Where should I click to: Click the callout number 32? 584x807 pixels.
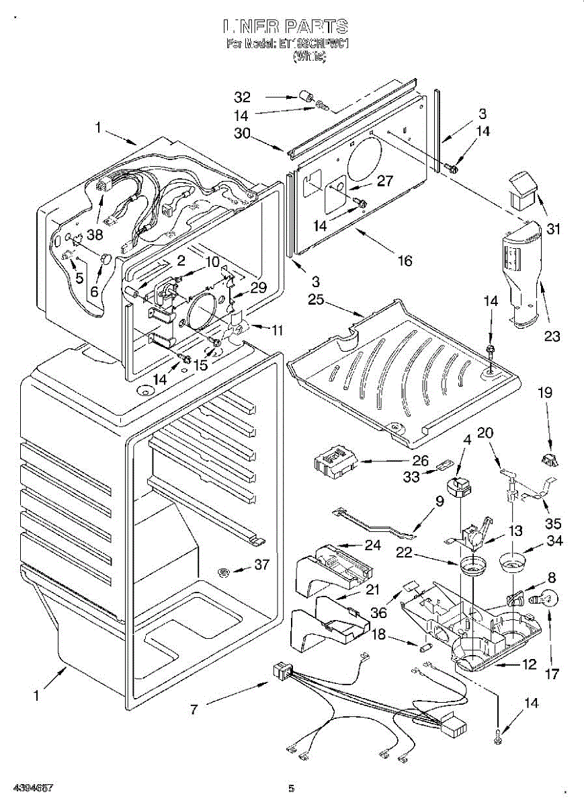click(242, 96)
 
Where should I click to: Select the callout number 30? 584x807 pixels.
click(242, 134)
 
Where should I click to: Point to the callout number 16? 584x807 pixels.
click(405, 260)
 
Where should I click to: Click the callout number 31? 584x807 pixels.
click(552, 229)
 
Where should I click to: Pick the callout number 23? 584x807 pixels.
click(552, 337)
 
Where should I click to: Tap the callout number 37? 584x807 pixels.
click(261, 566)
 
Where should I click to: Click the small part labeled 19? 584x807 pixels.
click(549, 461)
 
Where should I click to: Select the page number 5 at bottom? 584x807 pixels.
click(291, 788)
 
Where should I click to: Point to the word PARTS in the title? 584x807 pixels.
click(316, 27)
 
